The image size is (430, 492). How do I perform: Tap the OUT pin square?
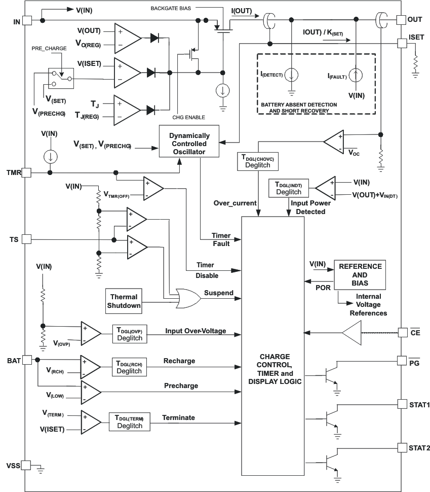click(x=401, y=20)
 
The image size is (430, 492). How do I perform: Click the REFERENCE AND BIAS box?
click(x=359, y=274)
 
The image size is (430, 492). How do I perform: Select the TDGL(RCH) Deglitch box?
click(x=130, y=366)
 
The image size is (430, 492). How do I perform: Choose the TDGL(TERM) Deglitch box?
click(x=130, y=422)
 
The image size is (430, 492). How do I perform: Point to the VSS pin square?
click(x=26, y=465)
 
